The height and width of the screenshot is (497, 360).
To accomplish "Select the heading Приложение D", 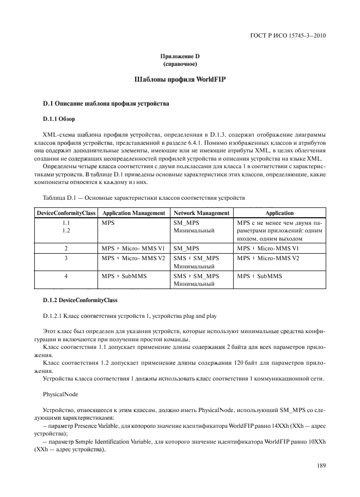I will point(180,57).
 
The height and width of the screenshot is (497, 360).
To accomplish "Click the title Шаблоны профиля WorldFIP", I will point(180,79).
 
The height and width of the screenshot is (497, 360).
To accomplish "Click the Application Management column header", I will point(133,213).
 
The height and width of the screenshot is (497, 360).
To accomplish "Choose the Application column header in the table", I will point(279,213).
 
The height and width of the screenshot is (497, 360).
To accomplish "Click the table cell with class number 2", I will point(66,248).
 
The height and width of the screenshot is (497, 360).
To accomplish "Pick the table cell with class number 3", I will point(66,258).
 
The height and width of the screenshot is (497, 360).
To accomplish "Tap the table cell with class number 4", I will point(66,277).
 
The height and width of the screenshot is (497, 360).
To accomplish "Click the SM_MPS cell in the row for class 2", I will point(186,248).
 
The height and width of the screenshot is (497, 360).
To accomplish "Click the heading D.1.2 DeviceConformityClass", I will point(79,300).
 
